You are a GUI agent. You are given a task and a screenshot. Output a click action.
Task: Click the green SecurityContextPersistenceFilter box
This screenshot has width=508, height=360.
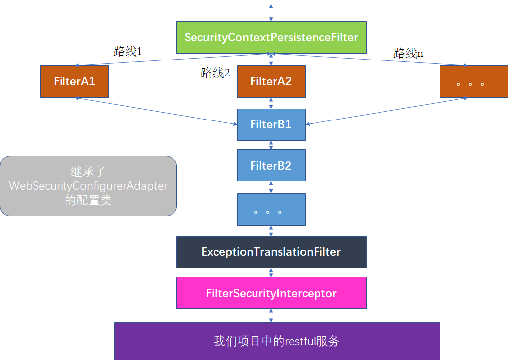click(x=271, y=37)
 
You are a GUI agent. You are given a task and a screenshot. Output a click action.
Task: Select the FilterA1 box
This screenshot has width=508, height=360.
click(x=74, y=81)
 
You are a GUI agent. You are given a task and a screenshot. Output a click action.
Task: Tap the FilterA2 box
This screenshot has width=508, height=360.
click(x=271, y=81)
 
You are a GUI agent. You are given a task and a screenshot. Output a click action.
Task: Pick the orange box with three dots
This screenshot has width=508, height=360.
click(x=473, y=81)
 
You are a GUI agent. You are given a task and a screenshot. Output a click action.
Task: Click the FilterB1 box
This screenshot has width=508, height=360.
click(x=271, y=124)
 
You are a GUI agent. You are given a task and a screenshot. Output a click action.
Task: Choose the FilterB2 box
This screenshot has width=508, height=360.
click(x=271, y=166)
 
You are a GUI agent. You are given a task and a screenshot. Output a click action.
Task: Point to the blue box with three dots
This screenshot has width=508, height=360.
click(x=271, y=209)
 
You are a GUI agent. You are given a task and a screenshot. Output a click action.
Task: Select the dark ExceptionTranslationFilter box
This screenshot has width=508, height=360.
click(x=271, y=252)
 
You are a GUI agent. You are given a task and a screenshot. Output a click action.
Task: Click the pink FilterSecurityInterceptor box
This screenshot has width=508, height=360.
click(x=271, y=293)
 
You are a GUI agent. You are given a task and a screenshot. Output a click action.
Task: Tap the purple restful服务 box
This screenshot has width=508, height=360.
click(x=277, y=341)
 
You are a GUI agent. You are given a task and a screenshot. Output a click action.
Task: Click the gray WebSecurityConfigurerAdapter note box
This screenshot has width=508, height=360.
click(x=88, y=186)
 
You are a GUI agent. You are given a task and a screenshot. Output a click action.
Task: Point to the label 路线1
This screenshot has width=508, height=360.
click(x=127, y=51)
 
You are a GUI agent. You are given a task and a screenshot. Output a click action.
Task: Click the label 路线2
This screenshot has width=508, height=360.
click(x=215, y=73)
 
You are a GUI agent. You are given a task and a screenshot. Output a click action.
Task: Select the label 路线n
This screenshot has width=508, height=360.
click(x=408, y=53)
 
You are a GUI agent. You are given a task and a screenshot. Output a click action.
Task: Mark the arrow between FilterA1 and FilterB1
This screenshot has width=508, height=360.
click(x=156, y=111)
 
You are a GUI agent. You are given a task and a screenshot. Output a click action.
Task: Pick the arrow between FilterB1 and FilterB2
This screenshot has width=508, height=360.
click(x=271, y=145)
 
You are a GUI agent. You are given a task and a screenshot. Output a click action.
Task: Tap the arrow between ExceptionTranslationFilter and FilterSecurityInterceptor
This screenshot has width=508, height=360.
click(x=271, y=272)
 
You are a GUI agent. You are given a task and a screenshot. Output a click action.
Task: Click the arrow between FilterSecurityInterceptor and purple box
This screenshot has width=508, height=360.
click(x=271, y=315)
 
